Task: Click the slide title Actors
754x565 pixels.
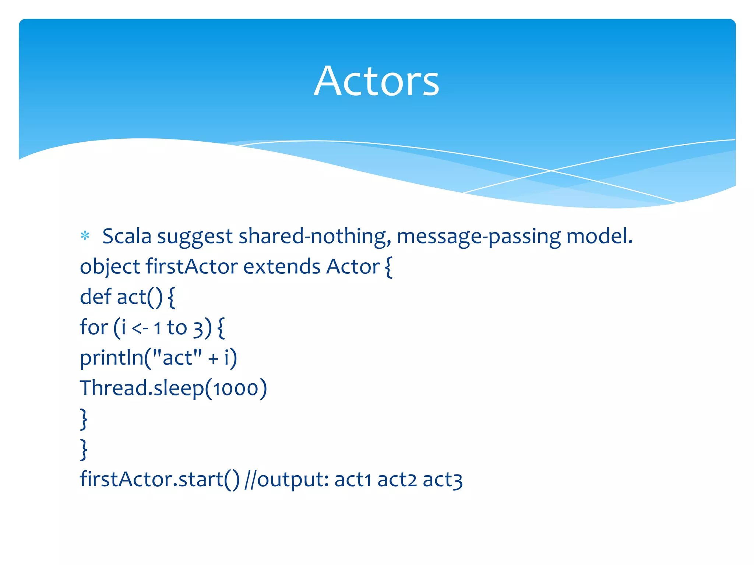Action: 376,81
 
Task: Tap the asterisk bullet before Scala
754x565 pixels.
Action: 85,236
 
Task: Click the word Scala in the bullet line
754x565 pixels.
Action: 127,236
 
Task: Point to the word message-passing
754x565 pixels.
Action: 479,236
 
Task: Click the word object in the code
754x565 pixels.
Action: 110,267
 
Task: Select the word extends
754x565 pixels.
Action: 282,266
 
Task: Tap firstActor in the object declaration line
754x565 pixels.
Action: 192,266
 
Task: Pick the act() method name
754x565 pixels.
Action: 139,297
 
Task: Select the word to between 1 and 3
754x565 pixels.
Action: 177,327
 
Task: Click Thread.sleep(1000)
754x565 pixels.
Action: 173,388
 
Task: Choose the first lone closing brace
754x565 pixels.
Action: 84,419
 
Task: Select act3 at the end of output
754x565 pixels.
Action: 442,480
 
